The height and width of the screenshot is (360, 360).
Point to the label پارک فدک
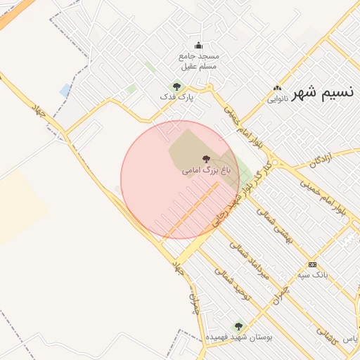(176, 96)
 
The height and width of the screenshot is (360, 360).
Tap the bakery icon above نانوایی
(278, 89)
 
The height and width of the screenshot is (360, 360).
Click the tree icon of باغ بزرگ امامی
(205, 160)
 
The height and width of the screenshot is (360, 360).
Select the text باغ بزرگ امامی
(205, 170)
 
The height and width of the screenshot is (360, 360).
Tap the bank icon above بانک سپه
(312, 264)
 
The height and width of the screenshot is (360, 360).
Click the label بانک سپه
(312, 275)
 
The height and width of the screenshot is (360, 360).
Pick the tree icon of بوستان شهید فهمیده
(238, 326)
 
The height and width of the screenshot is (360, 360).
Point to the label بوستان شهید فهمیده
(239, 337)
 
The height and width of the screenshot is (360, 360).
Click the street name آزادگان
(320, 161)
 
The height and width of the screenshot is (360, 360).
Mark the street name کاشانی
(326, 332)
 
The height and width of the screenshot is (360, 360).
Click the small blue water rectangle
(65, 90)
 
